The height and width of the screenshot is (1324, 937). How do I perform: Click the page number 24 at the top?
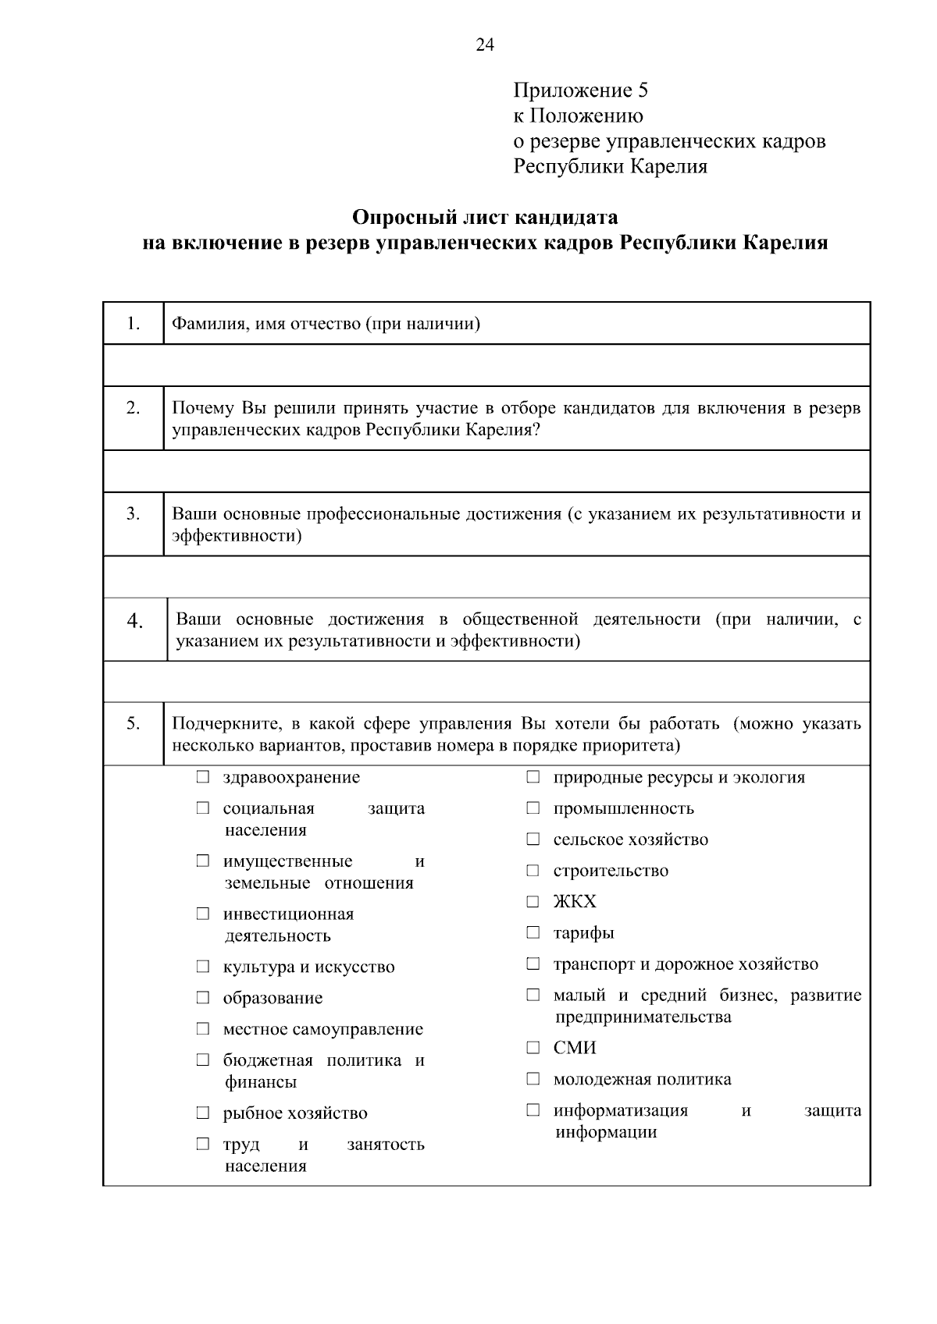[x=484, y=45]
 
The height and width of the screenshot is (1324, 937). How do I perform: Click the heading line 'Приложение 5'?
[x=580, y=91]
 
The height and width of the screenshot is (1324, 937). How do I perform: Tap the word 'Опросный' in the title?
[x=399, y=216]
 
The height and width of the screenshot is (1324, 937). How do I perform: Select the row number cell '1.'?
[x=134, y=323]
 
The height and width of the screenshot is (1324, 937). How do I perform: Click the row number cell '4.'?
[x=135, y=621]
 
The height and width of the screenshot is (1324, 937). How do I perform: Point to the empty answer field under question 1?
[x=486, y=365]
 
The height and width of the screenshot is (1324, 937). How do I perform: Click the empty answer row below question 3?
[x=486, y=577]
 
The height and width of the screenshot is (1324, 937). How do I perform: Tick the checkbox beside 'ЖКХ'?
[x=533, y=902]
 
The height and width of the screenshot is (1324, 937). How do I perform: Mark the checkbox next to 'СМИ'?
[x=533, y=1048]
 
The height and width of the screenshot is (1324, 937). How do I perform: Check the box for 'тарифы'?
[x=533, y=932]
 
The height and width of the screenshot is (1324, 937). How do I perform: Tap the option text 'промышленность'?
[x=623, y=808]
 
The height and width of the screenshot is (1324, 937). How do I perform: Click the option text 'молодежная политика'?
[x=642, y=1079]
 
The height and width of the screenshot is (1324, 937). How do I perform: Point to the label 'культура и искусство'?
[x=308, y=967]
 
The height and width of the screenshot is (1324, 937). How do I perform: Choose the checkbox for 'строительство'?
[x=533, y=871]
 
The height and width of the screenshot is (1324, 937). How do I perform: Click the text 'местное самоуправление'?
[x=322, y=1029]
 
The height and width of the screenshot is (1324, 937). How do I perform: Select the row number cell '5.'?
[x=134, y=724]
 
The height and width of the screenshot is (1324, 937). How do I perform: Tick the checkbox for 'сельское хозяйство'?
[x=533, y=840]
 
